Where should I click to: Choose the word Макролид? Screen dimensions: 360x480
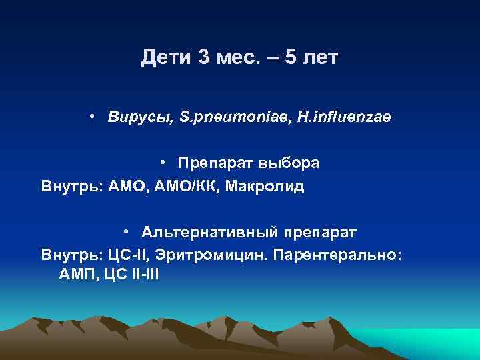pos(265,185)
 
